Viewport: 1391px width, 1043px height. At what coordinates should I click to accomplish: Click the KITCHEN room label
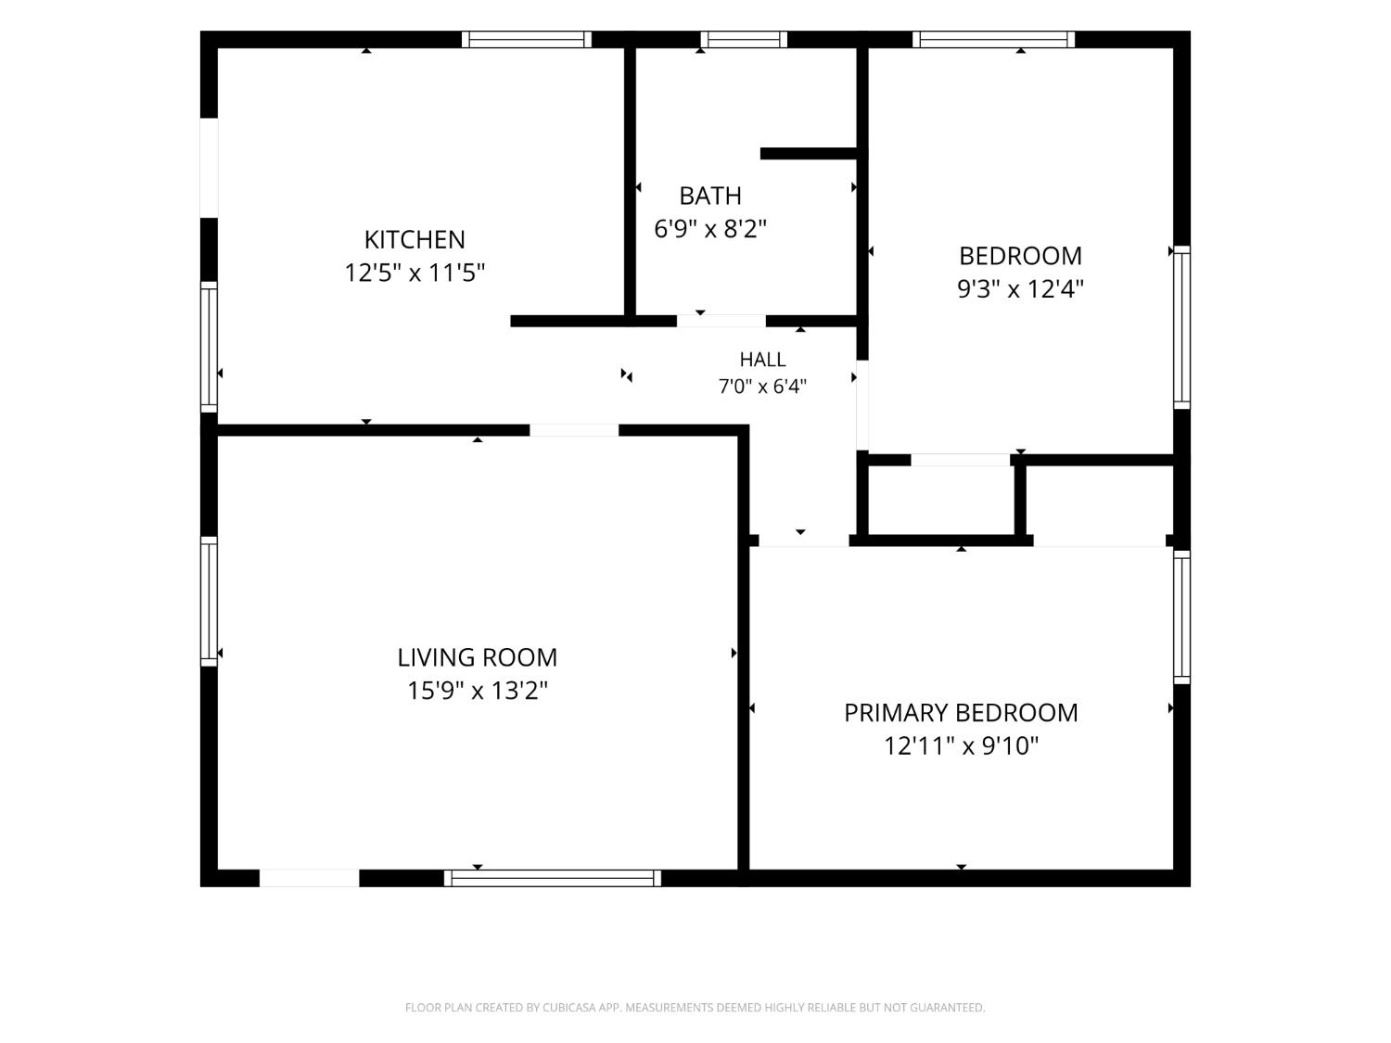tap(415, 240)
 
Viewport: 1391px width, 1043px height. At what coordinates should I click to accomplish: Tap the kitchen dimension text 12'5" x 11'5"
tap(415, 273)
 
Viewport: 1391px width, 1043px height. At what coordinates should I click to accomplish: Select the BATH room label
tap(710, 197)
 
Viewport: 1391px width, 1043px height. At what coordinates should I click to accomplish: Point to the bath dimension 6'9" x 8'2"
tap(710, 229)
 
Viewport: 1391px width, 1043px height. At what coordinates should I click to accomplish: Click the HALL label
tap(762, 360)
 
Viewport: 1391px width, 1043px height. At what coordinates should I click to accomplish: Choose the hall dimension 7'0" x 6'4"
tap(762, 387)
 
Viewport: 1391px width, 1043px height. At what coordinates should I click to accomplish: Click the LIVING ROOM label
tap(478, 657)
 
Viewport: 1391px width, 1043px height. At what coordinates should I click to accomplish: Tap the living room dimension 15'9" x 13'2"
tap(478, 691)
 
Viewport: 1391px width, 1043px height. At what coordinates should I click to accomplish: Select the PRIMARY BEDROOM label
tap(961, 713)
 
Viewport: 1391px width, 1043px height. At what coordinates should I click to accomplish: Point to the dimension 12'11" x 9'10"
tap(961, 746)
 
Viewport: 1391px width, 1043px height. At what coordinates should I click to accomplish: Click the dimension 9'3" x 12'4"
tap(1020, 288)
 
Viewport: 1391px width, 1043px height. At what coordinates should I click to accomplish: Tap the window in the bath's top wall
tap(744, 39)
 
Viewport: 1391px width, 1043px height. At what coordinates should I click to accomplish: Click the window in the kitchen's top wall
tap(526, 39)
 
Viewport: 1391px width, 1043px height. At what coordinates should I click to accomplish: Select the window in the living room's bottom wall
tap(553, 878)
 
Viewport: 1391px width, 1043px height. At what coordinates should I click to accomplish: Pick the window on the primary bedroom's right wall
tap(1181, 617)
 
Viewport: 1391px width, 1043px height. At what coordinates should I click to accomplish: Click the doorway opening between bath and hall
tap(721, 321)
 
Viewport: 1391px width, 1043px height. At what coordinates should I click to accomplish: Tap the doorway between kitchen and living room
tap(574, 430)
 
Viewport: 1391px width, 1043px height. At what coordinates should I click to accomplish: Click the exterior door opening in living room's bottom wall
tap(309, 878)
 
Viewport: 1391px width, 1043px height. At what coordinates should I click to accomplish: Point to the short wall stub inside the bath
tap(809, 153)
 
